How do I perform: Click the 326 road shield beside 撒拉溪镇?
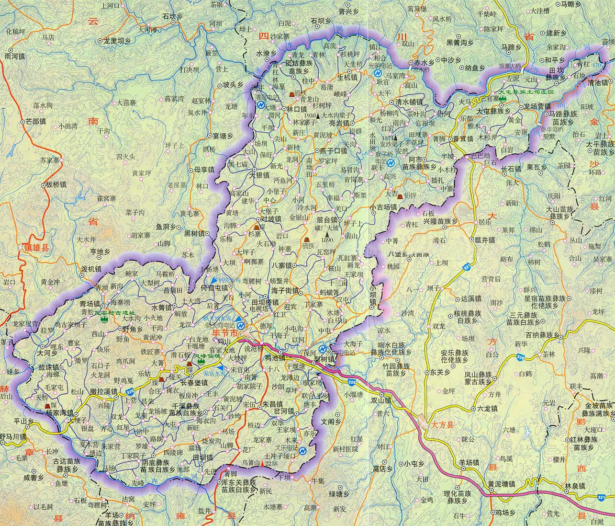130,392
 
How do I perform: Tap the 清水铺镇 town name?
408,102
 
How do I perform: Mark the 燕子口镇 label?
333,151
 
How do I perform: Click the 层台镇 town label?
326,220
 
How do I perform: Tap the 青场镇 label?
89,304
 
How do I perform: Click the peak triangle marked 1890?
328,235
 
